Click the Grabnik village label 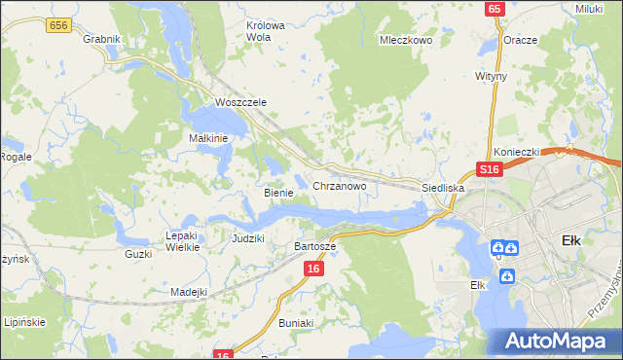(101, 39)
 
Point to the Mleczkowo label (404, 41)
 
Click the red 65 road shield (495, 9)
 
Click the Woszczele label (240, 102)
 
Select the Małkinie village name (207, 138)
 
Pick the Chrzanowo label (339, 185)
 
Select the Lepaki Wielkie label (182, 241)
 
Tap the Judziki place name (248, 238)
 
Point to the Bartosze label (314, 246)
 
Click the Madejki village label (189, 291)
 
